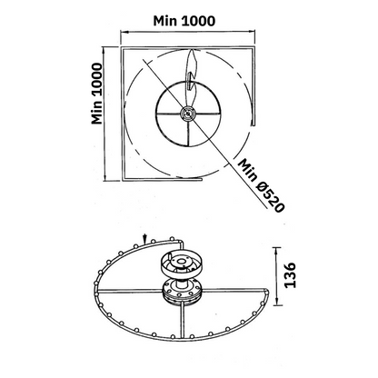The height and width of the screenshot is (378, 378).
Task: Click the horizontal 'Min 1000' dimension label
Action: (x=184, y=21)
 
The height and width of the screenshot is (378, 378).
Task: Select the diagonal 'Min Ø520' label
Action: (x=261, y=185)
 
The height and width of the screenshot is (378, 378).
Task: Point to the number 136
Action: (x=290, y=275)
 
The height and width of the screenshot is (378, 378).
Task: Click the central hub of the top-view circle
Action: (x=188, y=114)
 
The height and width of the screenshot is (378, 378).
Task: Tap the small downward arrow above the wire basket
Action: (x=145, y=239)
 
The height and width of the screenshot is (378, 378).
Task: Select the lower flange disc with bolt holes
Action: (x=182, y=292)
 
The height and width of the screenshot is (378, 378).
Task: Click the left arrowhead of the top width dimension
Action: (x=124, y=31)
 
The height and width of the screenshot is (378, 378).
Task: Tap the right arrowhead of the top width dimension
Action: (x=253, y=31)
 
